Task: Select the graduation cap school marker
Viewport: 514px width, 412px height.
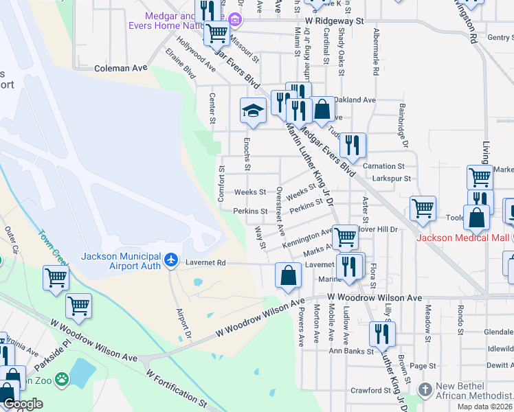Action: point(253,111)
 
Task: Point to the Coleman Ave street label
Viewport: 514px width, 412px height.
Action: point(121,68)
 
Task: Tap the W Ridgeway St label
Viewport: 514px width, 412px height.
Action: point(335,21)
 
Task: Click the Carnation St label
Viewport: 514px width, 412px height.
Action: point(383,166)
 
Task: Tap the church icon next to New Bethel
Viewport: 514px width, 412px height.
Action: point(426,389)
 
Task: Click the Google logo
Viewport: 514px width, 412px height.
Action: point(23,404)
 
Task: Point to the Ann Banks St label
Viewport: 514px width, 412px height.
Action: point(351,351)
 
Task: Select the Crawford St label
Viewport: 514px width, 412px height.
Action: point(370,391)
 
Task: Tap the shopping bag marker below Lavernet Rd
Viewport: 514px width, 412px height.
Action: point(288,275)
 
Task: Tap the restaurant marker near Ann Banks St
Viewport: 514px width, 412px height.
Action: point(381,334)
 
